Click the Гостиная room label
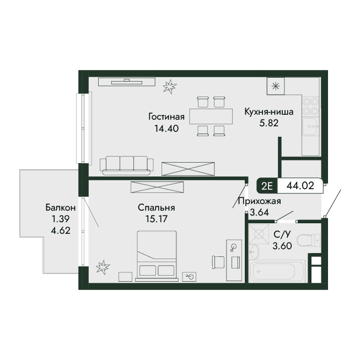tap(166, 117)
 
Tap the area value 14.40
tap(166, 128)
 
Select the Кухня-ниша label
tap(269, 112)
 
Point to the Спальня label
tap(157, 207)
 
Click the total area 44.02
tap(300, 185)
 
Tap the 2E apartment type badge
tap(267, 186)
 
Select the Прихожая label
tap(260, 201)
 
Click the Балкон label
tap(61, 207)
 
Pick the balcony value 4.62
tap(61, 230)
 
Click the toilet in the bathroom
tap(308, 240)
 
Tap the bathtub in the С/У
tap(277, 271)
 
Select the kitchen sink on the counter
tap(310, 126)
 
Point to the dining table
tap(211, 116)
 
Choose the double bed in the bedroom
tap(157, 256)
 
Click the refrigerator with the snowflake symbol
tap(276, 86)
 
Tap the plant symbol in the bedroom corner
tap(103, 267)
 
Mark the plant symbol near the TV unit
tap(170, 87)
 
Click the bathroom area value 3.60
tap(282, 246)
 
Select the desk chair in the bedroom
tap(218, 262)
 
